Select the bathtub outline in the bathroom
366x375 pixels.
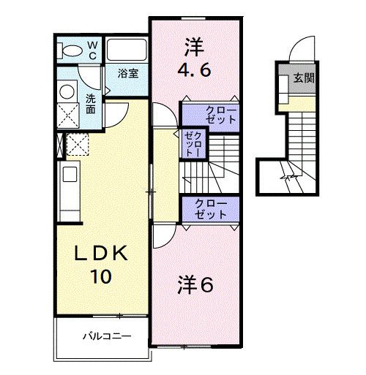(x=127, y=50)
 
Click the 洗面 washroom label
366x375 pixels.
(x=90, y=103)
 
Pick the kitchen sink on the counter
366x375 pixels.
(x=70, y=175)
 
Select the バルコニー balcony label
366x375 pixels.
(x=105, y=338)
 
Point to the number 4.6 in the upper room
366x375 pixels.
(x=195, y=72)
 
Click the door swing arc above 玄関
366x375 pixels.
(x=301, y=51)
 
